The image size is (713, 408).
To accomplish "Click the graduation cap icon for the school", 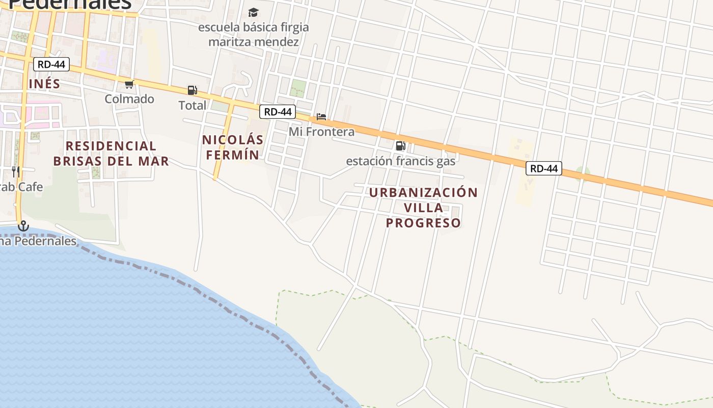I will click(253, 12).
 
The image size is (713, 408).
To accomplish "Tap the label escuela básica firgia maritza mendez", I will click(253, 34).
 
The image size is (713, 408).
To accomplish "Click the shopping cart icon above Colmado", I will click(129, 84).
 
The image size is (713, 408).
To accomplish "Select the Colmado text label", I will click(129, 99).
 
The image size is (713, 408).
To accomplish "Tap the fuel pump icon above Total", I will click(192, 90).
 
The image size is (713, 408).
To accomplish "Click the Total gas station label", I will click(192, 106).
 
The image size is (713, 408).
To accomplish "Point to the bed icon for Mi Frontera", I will click(321, 117).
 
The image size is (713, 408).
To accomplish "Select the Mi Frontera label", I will click(321, 132).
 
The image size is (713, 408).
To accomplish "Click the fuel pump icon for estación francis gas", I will click(401, 146).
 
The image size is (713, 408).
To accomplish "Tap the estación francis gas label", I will click(401, 161).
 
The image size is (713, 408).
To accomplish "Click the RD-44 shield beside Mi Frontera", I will click(278, 112).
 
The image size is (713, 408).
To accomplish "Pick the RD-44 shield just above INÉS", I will click(51, 64).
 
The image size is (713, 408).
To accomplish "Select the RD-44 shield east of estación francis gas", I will click(544, 168).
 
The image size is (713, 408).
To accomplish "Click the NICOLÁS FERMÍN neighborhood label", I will click(233, 147).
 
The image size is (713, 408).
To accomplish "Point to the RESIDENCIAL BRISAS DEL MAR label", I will click(111, 154).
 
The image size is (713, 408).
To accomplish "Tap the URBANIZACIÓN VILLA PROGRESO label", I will click(423, 208).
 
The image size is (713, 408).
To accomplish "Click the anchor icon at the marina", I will click(23, 226).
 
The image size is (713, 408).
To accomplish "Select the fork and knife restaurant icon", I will click(16, 171).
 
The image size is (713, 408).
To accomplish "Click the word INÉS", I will click(44, 84).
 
